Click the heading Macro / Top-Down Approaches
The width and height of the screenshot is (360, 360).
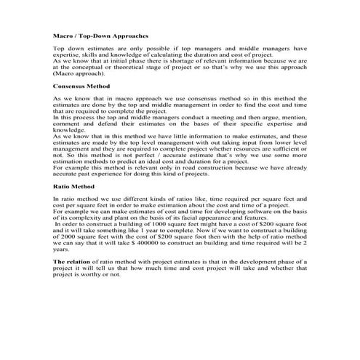(101, 35)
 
